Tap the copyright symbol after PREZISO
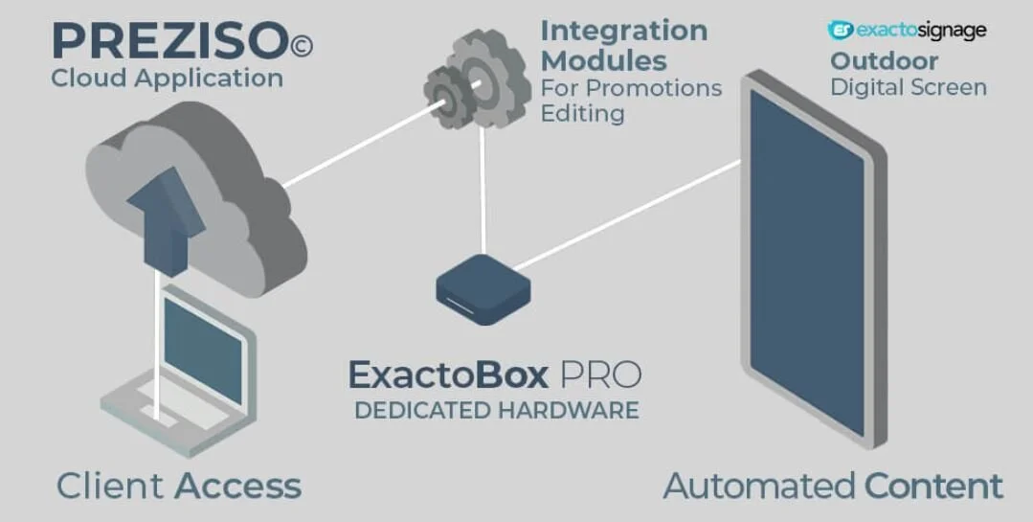click(x=301, y=44)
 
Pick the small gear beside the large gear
click(x=441, y=92)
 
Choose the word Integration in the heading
click(x=624, y=31)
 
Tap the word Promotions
click(x=654, y=88)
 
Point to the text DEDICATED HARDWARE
click(x=496, y=411)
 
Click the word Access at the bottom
click(x=238, y=486)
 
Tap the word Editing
click(x=583, y=113)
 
